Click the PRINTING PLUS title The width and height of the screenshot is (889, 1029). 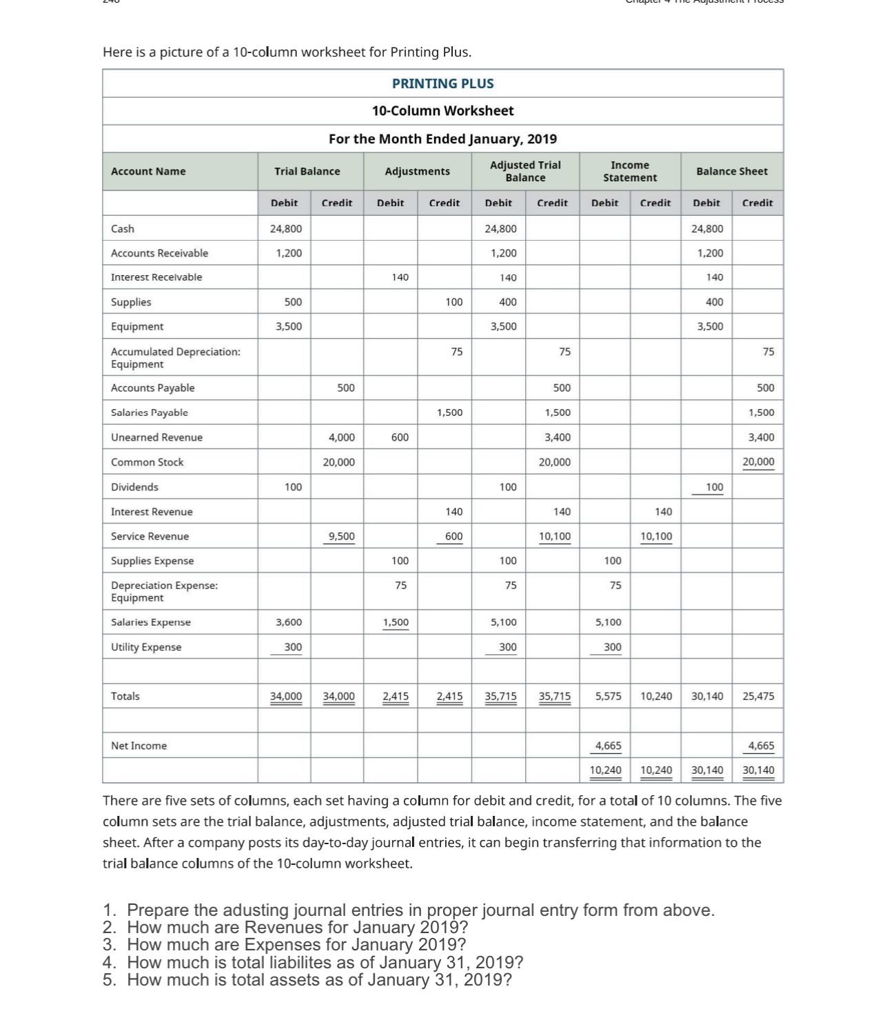click(442, 83)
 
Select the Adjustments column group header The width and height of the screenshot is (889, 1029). click(417, 171)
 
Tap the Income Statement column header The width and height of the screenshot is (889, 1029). click(629, 171)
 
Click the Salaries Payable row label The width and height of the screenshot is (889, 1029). click(150, 412)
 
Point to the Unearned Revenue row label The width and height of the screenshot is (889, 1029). click(156, 437)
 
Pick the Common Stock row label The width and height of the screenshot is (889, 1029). click(147, 462)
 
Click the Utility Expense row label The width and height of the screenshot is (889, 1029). click(146, 647)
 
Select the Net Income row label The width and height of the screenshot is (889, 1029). click(139, 746)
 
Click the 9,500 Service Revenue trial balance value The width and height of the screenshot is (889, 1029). click(341, 536)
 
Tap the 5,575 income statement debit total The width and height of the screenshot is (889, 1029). click(608, 696)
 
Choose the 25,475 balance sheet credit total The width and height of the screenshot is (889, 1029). click(758, 696)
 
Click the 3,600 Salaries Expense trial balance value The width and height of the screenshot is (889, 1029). click(289, 622)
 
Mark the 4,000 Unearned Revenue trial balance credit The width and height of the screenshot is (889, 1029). click(341, 437)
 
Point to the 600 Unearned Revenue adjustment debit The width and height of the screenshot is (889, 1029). click(400, 437)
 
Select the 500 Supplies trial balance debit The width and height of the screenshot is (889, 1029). click(293, 302)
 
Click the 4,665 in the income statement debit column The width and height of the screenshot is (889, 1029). click(608, 746)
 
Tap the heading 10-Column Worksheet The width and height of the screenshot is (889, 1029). click(442, 111)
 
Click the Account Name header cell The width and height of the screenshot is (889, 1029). click(148, 171)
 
